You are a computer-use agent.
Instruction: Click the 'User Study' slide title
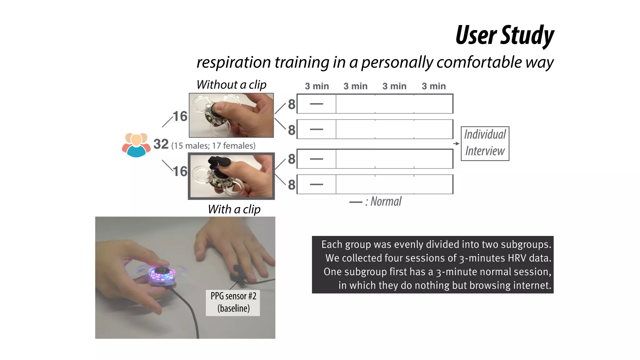pyautogui.click(x=505, y=35)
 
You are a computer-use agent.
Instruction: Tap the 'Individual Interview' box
pyautogui.click(x=485, y=143)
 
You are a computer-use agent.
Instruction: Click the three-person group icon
pyautogui.click(x=136, y=145)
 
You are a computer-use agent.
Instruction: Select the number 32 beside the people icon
pyautogui.click(x=161, y=144)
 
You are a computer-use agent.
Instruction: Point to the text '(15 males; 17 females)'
pyautogui.click(x=213, y=146)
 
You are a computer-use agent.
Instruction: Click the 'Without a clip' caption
pyautogui.click(x=231, y=85)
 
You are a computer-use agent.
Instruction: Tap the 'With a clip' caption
pyautogui.click(x=234, y=209)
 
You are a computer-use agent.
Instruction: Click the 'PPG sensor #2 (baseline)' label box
pyautogui.click(x=233, y=302)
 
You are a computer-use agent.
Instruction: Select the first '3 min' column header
pyautogui.click(x=317, y=86)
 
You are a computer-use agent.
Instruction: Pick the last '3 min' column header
pyautogui.click(x=433, y=86)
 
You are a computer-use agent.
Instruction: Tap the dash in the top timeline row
pyautogui.click(x=316, y=104)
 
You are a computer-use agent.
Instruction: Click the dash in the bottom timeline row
pyautogui.click(x=316, y=184)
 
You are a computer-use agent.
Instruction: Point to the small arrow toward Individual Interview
pyautogui.click(x=456, y=143)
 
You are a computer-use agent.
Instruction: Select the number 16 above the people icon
pyautogui.click(x=180, y=116)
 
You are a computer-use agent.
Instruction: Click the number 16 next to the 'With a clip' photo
pyautogui.click(x=180, y=171)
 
